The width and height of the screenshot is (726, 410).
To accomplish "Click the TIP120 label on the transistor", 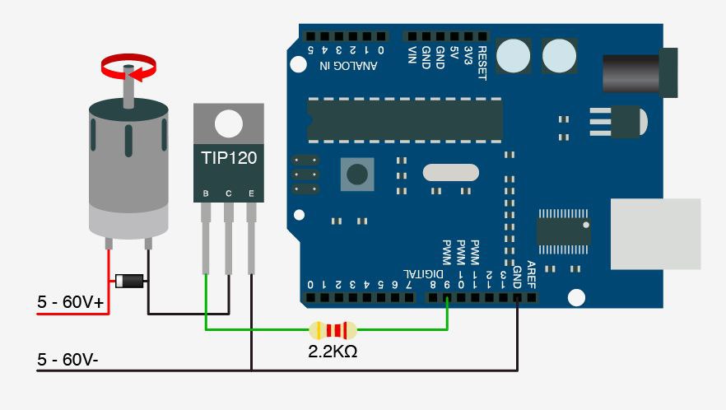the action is pos(229,158).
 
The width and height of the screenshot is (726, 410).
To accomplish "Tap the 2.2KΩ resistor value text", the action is pos(333,352).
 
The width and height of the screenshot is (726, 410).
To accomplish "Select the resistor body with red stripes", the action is pos(333,330).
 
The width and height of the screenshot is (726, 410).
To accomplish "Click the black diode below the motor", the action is pos(129,281).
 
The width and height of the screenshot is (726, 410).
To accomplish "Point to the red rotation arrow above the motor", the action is pos(128,68).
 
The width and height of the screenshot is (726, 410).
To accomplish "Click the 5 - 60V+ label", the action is pos(71,302).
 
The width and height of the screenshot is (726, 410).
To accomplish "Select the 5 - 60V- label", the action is pos(67,359).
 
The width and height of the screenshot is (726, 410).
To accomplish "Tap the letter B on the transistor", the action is pos(206,193).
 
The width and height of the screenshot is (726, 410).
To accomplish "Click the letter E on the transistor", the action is pos(251,193).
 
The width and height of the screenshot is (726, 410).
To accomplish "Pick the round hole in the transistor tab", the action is pos(229,123).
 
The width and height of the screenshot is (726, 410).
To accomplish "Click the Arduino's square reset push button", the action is pos(357,175).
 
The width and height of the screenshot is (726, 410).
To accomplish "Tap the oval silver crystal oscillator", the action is pos(450,172).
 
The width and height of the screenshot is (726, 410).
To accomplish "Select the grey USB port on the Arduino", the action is pos(655,234).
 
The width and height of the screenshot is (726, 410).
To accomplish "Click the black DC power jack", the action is pos(640,72).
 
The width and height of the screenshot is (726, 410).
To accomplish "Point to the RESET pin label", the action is pos(482,63).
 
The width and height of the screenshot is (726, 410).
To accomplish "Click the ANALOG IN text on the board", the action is pos(348,65).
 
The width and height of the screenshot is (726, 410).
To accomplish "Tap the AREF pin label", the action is pos(531,274).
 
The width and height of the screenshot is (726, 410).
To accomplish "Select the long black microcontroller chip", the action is pos(405,120).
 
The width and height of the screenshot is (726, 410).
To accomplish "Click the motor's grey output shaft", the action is pos(128,87).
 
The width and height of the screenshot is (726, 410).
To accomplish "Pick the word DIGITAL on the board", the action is pos(423,274).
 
